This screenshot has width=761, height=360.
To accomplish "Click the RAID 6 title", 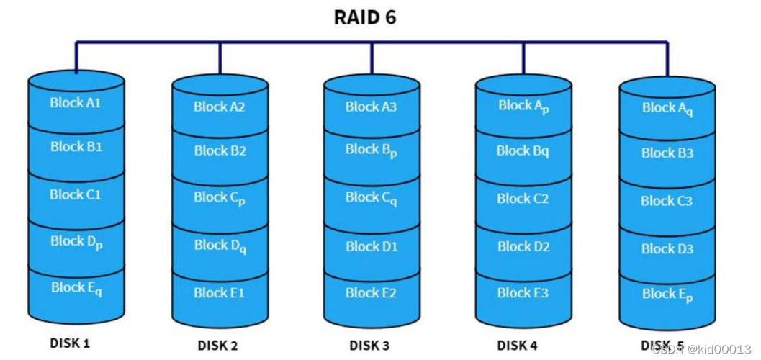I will [365, 17].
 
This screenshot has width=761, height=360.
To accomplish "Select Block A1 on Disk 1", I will [76, 103].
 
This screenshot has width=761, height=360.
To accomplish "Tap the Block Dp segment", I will [76, 242].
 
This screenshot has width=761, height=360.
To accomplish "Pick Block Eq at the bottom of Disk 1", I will [76, 288].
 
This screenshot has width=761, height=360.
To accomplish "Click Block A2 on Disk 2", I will [220, 107].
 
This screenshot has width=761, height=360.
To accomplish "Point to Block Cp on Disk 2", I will [220, 198].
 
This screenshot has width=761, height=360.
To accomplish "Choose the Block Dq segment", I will [220, 246].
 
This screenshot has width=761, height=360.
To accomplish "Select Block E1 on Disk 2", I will [220, 293].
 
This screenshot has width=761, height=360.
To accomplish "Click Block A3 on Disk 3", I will [371, 107].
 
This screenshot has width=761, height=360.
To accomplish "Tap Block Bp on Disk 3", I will [371, 150].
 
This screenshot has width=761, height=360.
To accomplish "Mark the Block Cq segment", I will [371, 199].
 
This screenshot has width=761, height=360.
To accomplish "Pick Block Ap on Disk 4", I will [523, 107].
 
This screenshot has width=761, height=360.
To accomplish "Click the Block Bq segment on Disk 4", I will [523, 151].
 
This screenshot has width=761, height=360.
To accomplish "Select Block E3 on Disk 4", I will [523, 293].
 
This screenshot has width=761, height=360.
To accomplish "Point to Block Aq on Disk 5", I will [667, 109].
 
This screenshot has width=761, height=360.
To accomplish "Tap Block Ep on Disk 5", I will [667, 294].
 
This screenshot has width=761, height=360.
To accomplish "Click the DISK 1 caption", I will [70, 343].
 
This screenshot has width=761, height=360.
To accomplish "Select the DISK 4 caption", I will [517, 346].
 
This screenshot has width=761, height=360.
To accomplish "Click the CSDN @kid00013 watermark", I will [701, 349].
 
